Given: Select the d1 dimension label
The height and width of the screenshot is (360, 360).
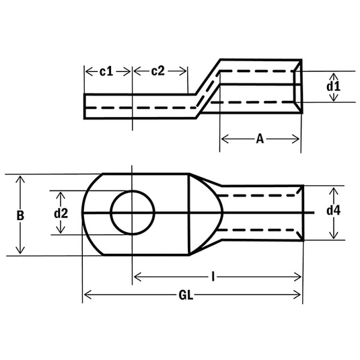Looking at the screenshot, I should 333,86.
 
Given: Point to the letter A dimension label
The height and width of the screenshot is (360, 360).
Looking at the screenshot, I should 260,139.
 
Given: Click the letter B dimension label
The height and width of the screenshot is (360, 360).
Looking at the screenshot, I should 20,215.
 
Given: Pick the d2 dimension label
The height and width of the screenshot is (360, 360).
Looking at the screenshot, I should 61,213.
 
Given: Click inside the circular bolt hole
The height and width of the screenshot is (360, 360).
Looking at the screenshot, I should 132,213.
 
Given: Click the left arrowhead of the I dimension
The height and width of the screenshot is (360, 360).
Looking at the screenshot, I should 137,276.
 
